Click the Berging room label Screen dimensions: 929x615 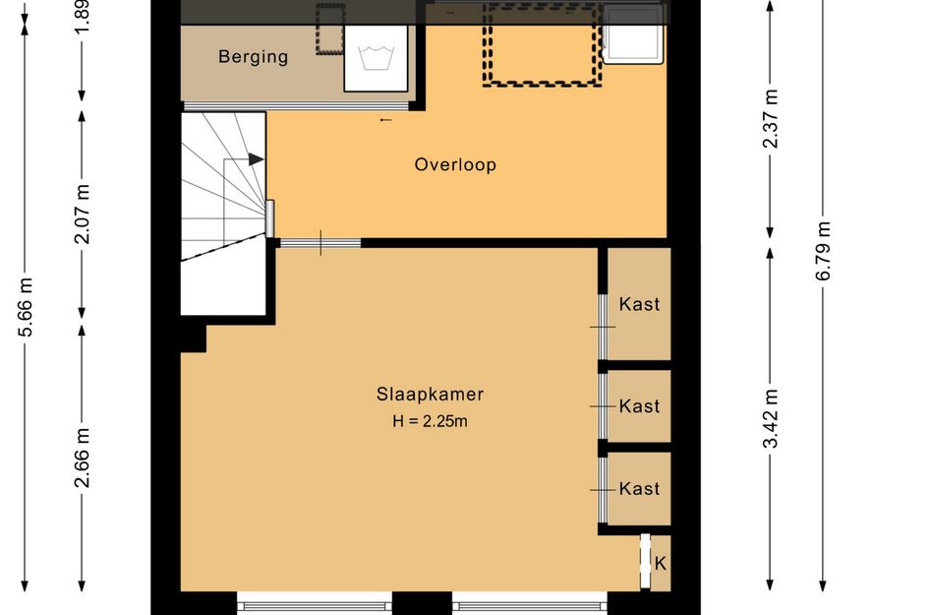(253, 57)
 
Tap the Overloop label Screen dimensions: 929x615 (455, 164)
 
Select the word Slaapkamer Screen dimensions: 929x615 (431, 395)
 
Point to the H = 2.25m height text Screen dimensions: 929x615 (431, 421)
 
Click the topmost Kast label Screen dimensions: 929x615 (639, 304)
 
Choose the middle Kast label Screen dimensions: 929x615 (639, 406)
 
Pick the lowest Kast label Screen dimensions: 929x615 (639, 489)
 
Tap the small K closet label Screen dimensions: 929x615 (660, 563)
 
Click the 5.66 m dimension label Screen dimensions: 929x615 (27, 307)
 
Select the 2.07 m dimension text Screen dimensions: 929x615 (83, 215)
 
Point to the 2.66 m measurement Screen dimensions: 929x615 (83, 458)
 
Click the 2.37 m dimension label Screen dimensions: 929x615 (771, 118)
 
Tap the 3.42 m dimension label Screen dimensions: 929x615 (771, 419)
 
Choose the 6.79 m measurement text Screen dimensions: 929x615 (824, 251)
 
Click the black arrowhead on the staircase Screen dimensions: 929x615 (256, 159)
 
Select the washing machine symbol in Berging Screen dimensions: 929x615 (376, 58)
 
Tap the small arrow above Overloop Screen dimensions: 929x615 (385, 120)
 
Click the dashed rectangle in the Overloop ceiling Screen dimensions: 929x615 (542, 45)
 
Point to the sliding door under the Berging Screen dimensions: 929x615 (296, 106)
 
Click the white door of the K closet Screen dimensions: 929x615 (645, 561)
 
